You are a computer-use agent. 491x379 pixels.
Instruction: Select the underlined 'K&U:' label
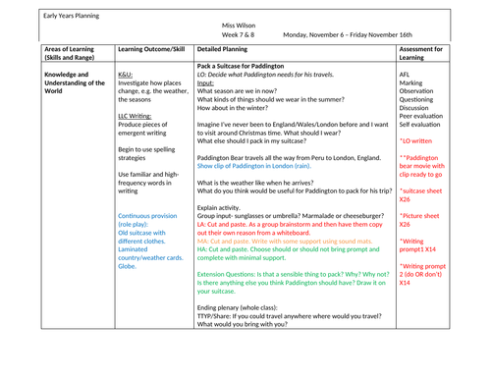point(126,74)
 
